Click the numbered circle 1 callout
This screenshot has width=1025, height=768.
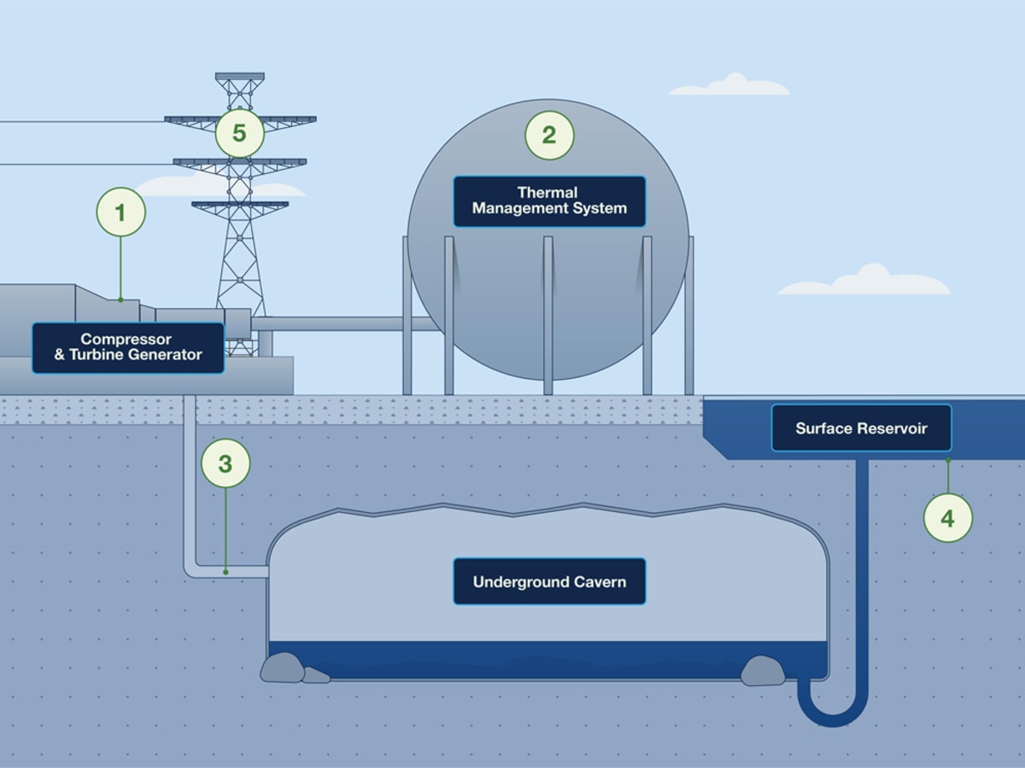(120, 212)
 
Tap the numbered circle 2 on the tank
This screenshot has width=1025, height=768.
(549, 135)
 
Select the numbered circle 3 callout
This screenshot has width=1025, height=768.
(225, 463)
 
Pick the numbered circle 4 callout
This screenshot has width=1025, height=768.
(948, 517)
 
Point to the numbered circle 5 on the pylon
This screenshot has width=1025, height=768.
(239, 133)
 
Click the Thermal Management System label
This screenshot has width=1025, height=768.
(549, 201)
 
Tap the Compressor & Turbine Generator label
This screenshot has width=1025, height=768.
(128, 347)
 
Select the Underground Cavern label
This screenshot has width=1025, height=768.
(549, 582)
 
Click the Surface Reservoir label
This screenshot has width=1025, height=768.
(861, 428)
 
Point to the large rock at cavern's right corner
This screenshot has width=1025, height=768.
(763, 671)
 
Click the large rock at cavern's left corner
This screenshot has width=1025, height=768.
(283, 667)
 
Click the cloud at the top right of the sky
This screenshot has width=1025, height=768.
(731, 85)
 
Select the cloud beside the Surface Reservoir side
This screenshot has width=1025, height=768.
(867, 282)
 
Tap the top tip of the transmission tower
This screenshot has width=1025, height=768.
(239, 76)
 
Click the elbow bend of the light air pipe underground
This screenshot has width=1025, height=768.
(190, 569)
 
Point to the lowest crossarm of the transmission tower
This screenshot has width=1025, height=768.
(240, 205)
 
